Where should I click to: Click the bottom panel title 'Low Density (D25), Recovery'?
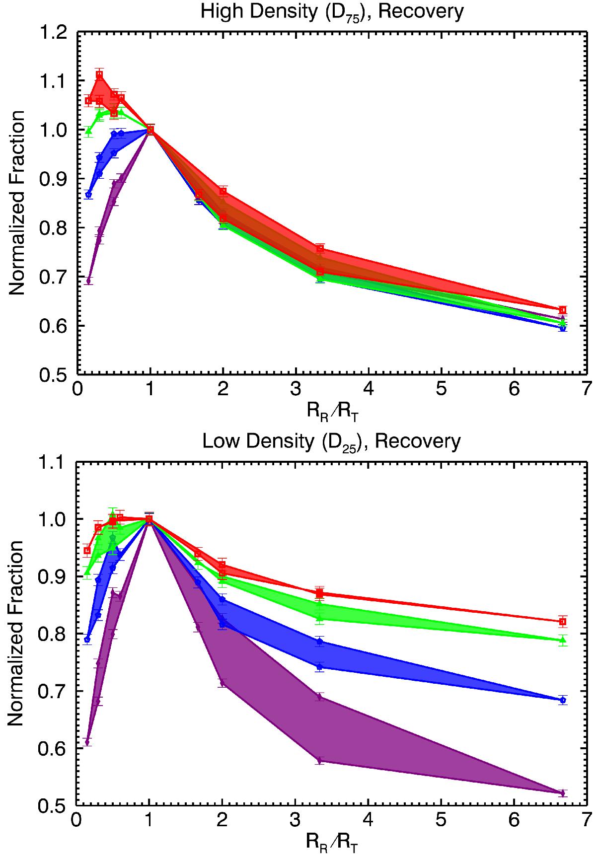[332, 441]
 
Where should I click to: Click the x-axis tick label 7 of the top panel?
[587, 389]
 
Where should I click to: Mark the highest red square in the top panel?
[99, 75]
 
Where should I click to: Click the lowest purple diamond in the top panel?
[88, 281]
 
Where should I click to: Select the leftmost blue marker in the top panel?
[88, 195]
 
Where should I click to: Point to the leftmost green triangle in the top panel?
[88, 132]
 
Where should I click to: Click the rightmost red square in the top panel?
[562, 310]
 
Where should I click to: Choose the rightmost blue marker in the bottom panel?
[562, 700]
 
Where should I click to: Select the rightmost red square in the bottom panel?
[562, 622]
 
